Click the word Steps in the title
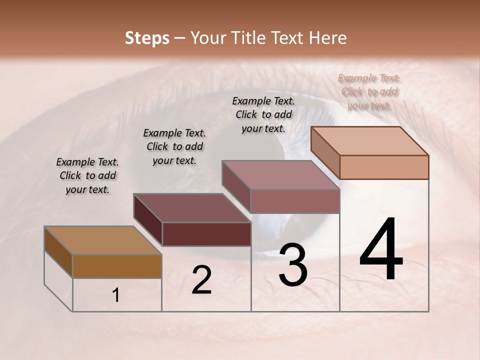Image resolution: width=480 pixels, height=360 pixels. [147, 38]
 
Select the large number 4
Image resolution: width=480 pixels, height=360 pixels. [381, 249]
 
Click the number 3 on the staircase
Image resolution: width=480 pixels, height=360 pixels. [293, 265]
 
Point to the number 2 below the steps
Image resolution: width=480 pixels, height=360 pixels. [201, 280]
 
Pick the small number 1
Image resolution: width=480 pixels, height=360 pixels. [116, 295]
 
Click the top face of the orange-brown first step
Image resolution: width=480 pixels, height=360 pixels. [103, 240]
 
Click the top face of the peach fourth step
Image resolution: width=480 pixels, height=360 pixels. [370, 141]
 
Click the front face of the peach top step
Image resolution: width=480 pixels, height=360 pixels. [384, 167]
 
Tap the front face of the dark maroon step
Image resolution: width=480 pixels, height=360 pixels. [206, 234]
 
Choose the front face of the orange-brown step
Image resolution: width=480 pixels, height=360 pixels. [117, 266]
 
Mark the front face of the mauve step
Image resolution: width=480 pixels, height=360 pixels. [295, 201]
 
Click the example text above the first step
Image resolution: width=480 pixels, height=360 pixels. [87, 176]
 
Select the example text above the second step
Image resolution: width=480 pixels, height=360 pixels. [174, 146]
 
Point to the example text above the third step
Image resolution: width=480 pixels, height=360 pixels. [263, 114]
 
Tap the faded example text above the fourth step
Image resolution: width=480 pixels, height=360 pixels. [369, 91]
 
